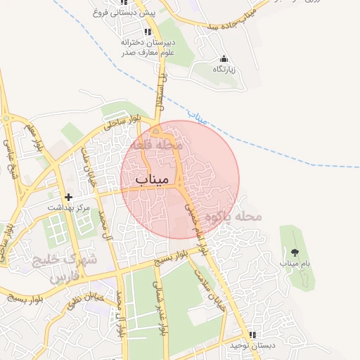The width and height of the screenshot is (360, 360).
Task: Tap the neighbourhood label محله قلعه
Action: coord(161,144)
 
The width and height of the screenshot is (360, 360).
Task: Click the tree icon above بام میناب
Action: coord(294,252)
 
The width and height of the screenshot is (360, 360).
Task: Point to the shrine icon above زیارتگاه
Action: coord(224,59)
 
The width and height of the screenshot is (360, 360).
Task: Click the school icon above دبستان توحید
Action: coord(252,335)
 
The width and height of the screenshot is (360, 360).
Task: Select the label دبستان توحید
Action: coord(252,345)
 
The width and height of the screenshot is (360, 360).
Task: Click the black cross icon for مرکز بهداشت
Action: coord(68,198)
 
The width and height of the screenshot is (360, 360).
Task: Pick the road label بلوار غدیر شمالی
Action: coord(161,312)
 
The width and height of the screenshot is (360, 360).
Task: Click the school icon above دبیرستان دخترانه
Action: coord(148,32)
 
